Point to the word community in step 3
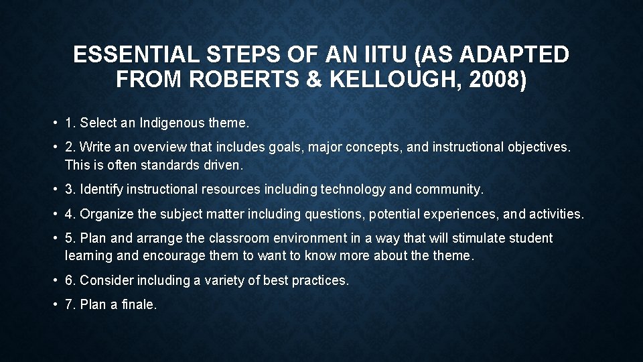447,190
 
